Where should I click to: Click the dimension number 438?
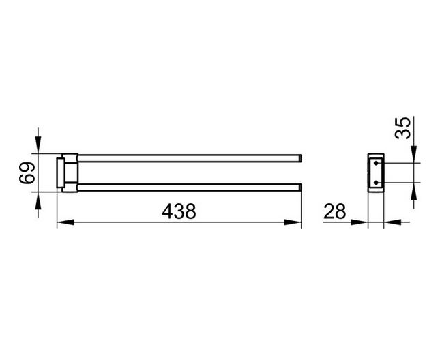179,211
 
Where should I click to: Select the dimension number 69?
27,173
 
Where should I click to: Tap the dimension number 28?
335,211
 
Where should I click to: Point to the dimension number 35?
402,128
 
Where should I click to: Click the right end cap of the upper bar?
301,158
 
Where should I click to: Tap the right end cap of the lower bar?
301,187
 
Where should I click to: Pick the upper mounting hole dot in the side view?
376,163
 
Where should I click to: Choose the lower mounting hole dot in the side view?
376,183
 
